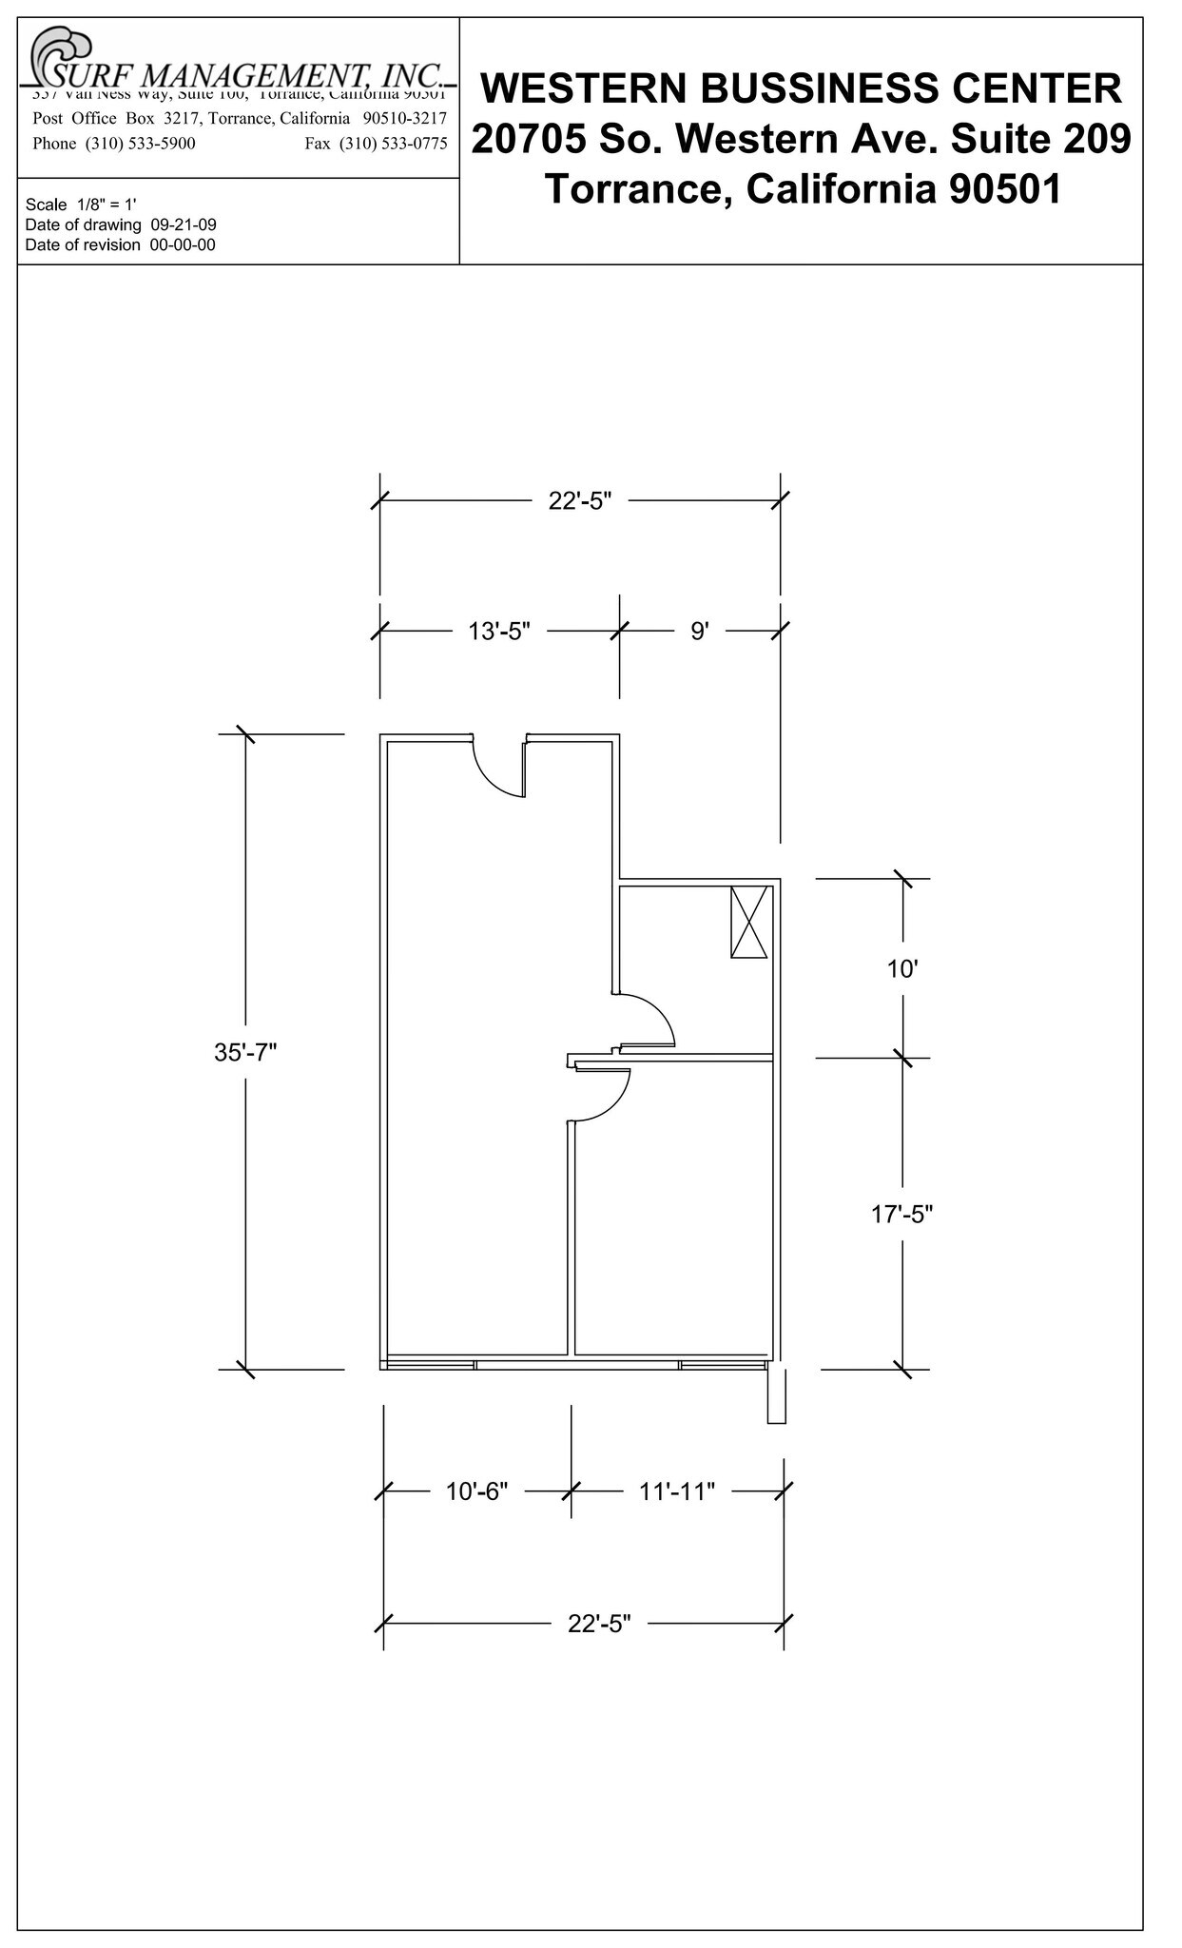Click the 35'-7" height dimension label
pos(245,1052)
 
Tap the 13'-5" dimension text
pos(498,631)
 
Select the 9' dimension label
pos(700,631)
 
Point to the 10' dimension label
pos(902,969)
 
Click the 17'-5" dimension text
pos(902,1214)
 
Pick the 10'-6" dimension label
pos(477,1490)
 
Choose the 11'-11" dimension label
pos(676,1490)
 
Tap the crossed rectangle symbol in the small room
pos(748,922)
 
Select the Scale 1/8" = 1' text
pos(81,205)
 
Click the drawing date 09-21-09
pos(184,225)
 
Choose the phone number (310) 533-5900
pos(141,144)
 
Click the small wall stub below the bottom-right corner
pos(776,1395)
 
